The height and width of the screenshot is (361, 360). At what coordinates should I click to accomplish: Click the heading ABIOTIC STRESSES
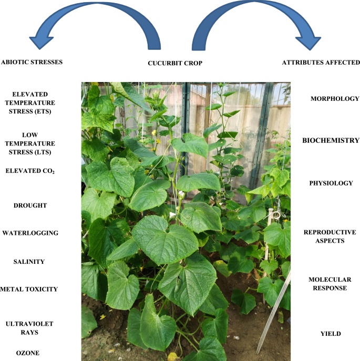coord(32,62)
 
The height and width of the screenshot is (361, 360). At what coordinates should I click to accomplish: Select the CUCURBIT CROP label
coord(175,64)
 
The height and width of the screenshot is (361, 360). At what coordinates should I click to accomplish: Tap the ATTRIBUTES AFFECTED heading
coord(321,63)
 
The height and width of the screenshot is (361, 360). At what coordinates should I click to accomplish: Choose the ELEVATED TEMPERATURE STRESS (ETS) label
coord(29,102)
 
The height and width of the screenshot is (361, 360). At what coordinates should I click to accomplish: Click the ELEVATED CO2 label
coord(30,171)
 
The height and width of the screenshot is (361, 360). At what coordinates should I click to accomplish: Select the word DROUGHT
coord(30,205)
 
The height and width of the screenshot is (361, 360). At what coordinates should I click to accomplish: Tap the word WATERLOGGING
coord(30,233)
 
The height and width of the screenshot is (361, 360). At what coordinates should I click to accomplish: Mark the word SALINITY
coord(29,262)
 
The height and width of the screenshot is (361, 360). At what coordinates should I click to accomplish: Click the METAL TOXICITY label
coord(29,289)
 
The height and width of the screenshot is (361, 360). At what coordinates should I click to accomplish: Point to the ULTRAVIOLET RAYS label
coord(29,328)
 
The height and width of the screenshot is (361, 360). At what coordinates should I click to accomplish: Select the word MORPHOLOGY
coord(335,99)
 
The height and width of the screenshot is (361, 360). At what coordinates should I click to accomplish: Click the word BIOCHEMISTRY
coord(331,140)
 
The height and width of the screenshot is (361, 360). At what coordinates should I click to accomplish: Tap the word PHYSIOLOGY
coord(331,183)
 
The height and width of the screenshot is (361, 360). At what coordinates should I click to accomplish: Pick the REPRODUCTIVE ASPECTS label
coord(330,236)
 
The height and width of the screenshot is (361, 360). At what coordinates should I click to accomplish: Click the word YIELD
coord(331,334)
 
